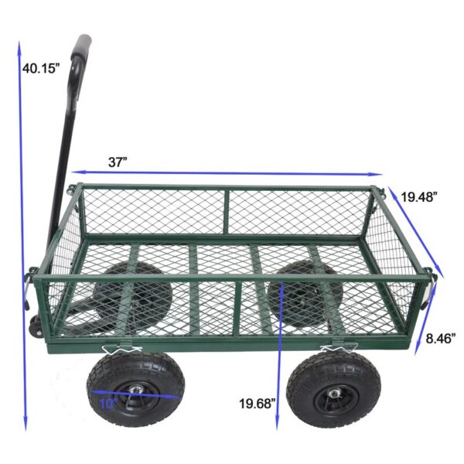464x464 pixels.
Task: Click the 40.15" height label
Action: click(39, 68)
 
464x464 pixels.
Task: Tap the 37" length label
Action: click(118, 162)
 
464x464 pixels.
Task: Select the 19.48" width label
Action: click(419, 196)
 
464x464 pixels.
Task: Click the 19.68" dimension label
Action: click(258, 403)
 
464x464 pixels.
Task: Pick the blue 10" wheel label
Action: click(108, 404)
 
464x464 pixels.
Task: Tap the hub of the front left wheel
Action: click(136, 390)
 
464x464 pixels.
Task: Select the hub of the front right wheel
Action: click(334, 394)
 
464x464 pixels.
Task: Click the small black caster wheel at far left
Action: click(36, 326)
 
